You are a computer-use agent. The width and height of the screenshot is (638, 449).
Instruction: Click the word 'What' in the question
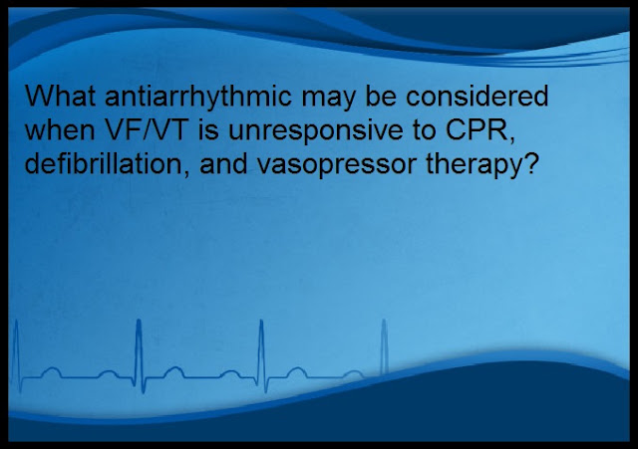coord(60,96)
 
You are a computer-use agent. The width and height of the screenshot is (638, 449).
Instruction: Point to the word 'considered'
coord(478,96)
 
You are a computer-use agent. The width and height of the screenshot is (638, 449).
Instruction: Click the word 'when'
coord(60,130)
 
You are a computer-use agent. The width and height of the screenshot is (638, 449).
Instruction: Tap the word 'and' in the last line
coord(223,164)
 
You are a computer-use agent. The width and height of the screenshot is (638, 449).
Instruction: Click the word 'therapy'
coord(474,167)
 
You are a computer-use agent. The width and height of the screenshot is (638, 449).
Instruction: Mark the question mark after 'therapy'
coord(529,164)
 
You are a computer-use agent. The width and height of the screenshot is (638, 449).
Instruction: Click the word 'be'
coord(381,96)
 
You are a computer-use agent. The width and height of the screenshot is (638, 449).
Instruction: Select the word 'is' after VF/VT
coord(209,130)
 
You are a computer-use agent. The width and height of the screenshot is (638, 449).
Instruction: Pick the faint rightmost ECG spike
coord(384,346)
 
